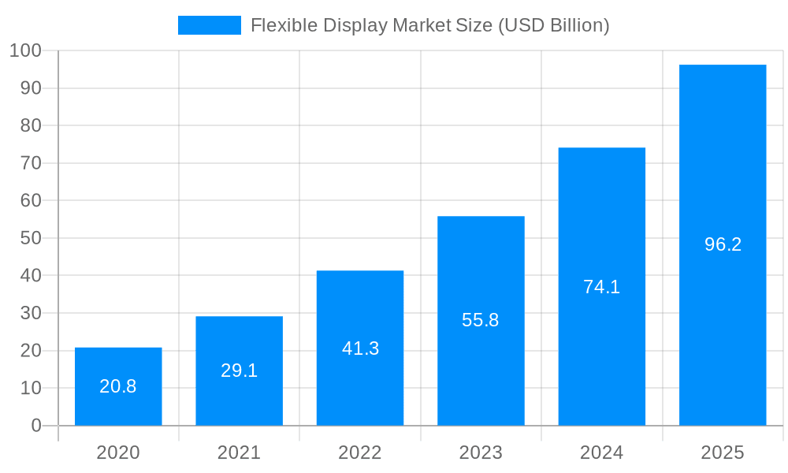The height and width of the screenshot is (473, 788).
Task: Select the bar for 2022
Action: click(x=360, y=315)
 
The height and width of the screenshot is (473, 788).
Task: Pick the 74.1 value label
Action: click(x=601, y=287)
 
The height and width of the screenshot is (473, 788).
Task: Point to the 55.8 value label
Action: click(x=481, y=320)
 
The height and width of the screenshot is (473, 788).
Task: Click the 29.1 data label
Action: click(x=239, y=371)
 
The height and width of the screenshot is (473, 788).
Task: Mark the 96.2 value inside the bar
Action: click(x=723, y=244)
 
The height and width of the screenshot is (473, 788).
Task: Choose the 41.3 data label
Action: click(x=360, y=348)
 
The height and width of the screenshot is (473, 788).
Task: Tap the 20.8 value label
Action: click(x=118, y=386)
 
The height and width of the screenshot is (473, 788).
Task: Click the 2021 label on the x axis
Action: click(x=239, y=453)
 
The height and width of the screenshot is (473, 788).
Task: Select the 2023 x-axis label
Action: click(x=481, y=453)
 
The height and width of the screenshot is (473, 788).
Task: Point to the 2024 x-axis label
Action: click(x=601, y=453)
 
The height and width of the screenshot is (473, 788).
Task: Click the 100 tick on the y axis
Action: click(x=25, y=51)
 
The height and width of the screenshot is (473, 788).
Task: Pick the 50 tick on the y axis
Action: click(x=31, y=238)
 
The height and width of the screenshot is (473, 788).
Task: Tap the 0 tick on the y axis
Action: click(x=36, y=426)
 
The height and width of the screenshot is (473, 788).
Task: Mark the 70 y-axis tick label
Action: click(x=31, y=163)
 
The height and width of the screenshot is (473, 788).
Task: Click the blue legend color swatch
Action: click(x=210, y=25)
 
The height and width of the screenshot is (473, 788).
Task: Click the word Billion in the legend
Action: click(x=578, y=25)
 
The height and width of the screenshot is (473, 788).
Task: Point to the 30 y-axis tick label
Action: click(x=31, y=313)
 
